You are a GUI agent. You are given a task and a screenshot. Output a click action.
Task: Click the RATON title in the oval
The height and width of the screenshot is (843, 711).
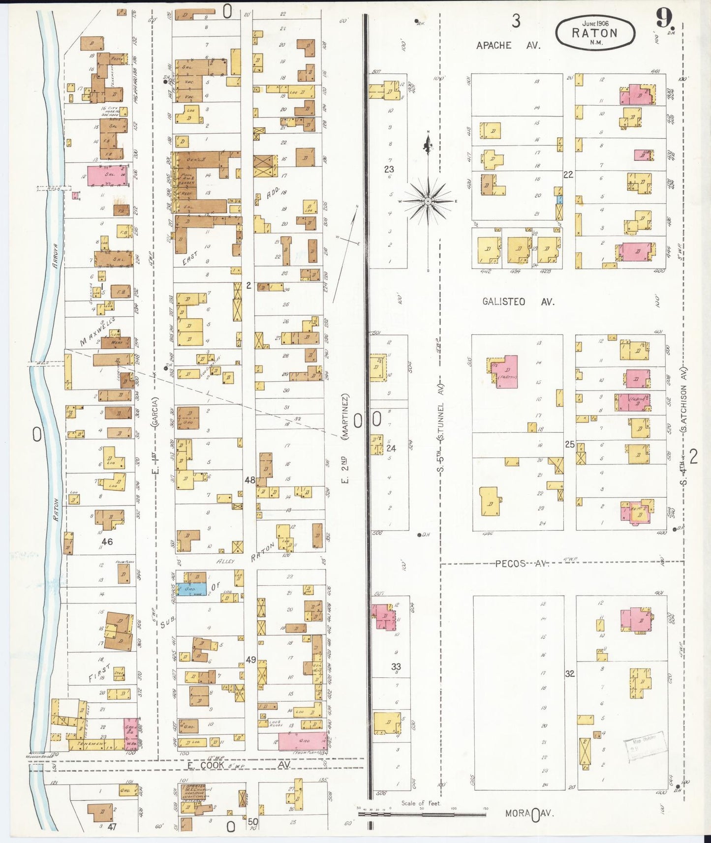594,33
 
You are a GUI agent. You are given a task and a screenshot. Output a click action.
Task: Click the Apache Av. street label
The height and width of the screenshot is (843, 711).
508,45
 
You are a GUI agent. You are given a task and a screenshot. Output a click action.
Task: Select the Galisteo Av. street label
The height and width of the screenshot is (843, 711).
518,302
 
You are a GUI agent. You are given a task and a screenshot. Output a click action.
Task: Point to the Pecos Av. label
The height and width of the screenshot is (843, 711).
522,564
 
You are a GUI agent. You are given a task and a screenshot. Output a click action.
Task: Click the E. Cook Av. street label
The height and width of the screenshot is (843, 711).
239,765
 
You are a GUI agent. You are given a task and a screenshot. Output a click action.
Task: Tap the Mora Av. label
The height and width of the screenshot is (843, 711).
529,813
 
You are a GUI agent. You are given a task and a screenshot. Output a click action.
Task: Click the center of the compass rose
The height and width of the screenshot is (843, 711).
428,201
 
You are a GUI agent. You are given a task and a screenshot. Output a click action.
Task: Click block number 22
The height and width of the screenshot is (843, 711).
568,175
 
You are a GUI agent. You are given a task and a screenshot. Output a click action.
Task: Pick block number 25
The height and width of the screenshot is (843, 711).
569,444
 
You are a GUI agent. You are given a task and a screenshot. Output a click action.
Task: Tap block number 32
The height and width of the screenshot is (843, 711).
569,674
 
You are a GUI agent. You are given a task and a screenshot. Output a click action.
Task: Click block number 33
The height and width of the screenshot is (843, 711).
396,667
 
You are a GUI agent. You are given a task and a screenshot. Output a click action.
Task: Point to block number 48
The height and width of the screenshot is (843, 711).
250,480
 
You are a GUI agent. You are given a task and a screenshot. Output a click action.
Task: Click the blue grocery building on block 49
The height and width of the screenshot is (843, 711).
191,589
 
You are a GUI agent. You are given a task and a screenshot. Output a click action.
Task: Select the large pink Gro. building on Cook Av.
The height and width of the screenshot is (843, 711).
302,741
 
